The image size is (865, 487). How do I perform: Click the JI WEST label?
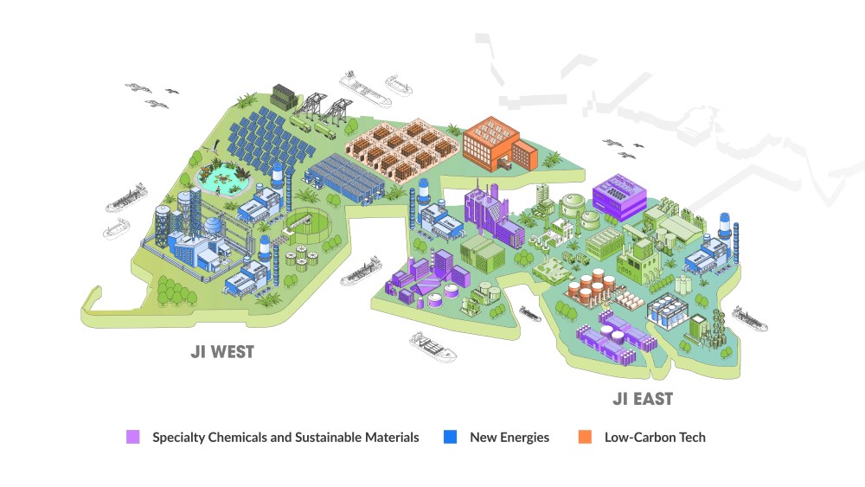(222, 353)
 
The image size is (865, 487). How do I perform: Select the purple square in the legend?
(132, 437)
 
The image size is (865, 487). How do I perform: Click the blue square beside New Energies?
(450, 437)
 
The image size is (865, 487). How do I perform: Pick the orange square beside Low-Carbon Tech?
(584, 437)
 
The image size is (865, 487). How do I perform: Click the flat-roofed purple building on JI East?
(618, 195)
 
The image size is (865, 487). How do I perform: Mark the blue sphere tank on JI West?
(212, 225)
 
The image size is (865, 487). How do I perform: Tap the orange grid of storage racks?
(400, 144)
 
